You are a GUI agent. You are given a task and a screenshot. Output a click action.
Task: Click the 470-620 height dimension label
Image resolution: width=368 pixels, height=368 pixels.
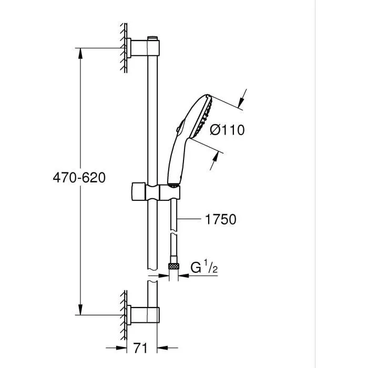tap(79, 178)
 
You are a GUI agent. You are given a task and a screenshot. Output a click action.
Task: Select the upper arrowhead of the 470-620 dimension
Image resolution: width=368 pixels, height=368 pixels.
tap(80, 52)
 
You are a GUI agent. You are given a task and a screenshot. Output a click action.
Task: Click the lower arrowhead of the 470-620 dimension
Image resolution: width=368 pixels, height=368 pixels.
tap(80, 310)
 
